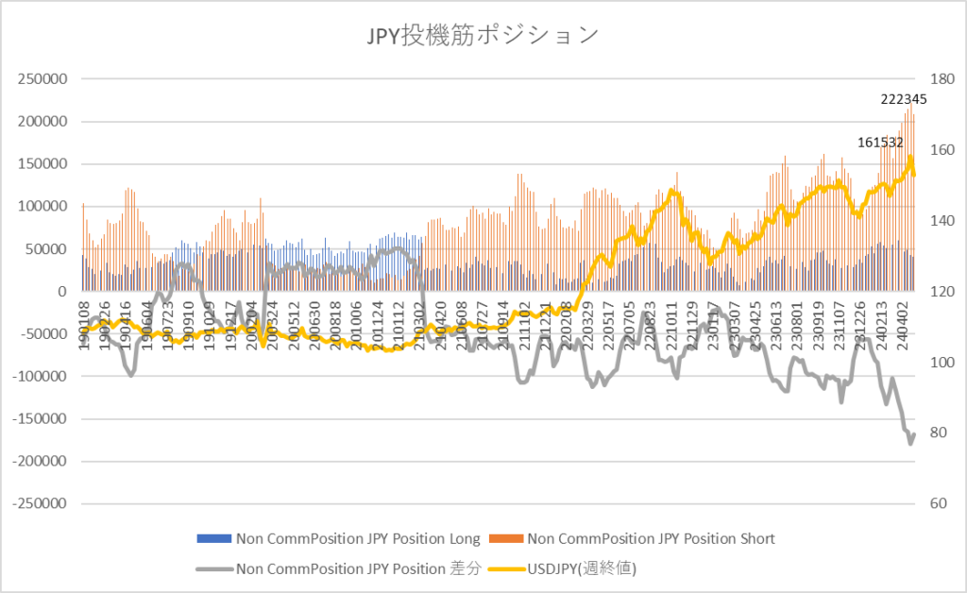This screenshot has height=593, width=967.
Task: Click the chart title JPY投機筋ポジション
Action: (x=482, y=35)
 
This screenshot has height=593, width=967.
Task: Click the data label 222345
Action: (x=903, y=98)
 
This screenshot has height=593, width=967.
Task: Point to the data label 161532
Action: (x=880, y=143)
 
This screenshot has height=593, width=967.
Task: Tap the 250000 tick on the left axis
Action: (x=37, y=78)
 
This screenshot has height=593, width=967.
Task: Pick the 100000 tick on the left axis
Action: (x=37, y=206)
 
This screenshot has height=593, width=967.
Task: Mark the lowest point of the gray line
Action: (x=910, y=443)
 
